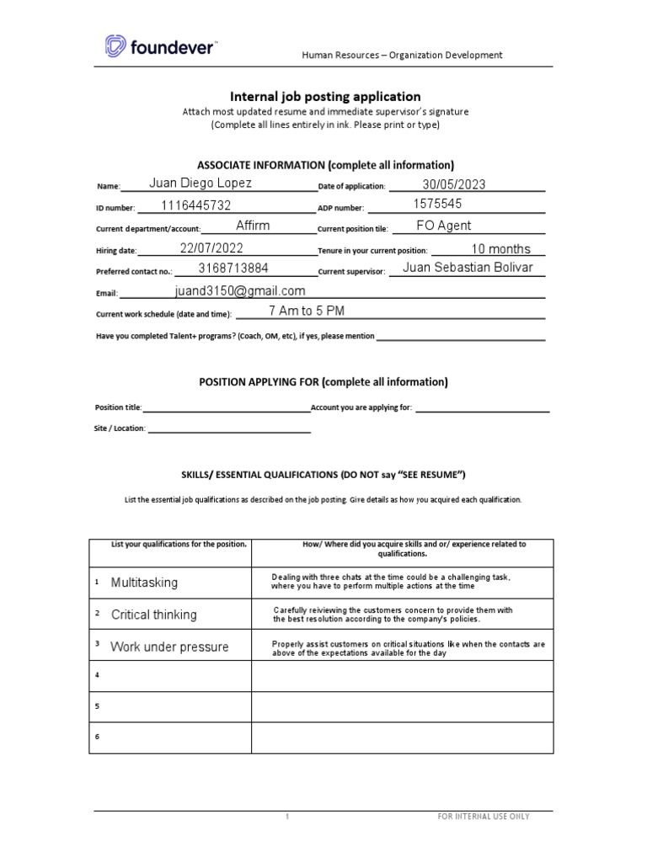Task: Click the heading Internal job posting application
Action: click(x=326, y=97)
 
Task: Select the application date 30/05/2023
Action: click(x=454, y=185)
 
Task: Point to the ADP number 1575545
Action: click(x=438, y=205)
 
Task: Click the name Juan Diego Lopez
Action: click(x=200, y=184)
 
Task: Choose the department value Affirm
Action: click(x=253, y=226)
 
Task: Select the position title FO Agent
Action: click(x=444, y=226)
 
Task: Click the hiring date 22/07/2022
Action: click(x=211, y=248)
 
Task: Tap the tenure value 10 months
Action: click(x=500, y=248)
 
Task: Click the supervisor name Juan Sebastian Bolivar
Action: click(x=468, y=269)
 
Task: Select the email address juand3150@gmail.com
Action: click(x=240, y=291)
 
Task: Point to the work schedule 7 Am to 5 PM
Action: click(x=307, y=311)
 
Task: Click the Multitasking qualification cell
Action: click(x=144, y=583)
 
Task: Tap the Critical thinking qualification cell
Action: click(x=153, y=615)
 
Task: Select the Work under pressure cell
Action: click(x=169, y=647)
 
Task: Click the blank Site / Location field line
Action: click(x=229, y=428)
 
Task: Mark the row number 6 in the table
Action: click(x=98, y=737)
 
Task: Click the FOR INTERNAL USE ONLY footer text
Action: click(x=483, y=817)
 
